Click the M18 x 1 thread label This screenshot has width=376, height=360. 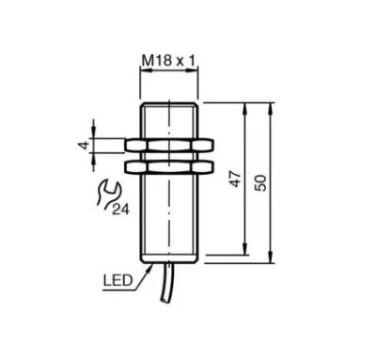[x=168, y=60]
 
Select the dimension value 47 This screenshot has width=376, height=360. [x=236, y=180]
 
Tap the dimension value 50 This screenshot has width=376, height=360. [x=260, y=183]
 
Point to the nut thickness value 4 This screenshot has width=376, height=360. [x=84, y=146]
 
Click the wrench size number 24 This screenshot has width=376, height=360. [x=120, y=210]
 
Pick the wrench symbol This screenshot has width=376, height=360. [x=107, y=194]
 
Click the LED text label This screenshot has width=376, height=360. [x=118, y=280]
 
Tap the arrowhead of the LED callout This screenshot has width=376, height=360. [x=149, y=268]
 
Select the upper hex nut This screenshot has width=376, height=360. [x=169, y=146]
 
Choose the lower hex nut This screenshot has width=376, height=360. [x=169, y=166]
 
